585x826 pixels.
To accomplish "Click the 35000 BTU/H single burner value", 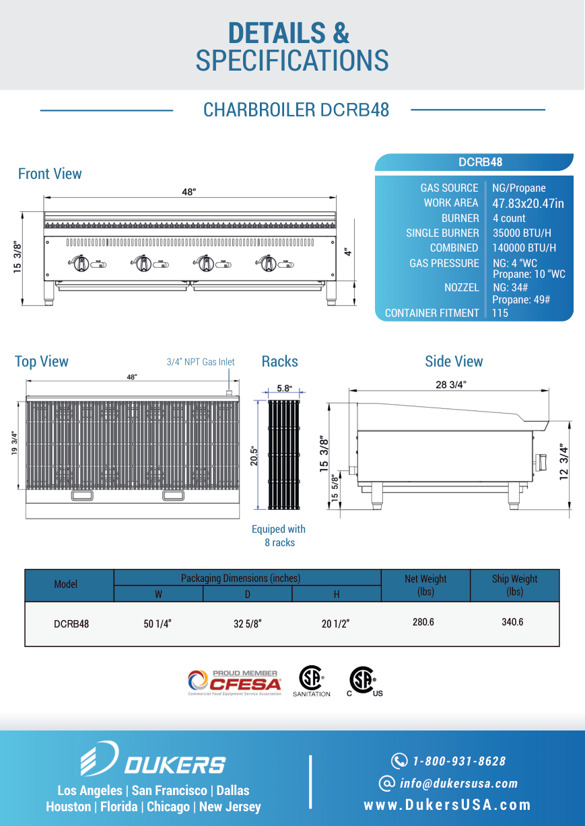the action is [x=522, y=233].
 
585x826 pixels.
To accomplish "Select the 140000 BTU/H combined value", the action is [x=524, y=248].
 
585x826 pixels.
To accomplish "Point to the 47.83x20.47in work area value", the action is [x=528, y=203].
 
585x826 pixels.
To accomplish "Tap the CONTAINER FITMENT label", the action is [x=432, y=313].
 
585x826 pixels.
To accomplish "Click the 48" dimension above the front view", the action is [x=189, y=192].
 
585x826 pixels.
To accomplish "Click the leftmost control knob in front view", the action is [x=81, y=263].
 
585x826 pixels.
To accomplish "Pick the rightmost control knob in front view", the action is [x=268, y=263].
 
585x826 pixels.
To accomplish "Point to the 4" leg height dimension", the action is [x=347, y=252].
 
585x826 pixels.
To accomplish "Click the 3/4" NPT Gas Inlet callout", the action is [x=201, y=362].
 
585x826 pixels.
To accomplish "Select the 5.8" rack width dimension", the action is [x=285, y=388].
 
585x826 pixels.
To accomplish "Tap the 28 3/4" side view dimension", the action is [x=450, y=385].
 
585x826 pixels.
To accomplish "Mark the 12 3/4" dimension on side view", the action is [x=563, y=461].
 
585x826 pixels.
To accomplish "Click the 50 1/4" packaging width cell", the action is [x=158, y=624].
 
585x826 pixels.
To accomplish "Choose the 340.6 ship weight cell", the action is [x=512, y=622].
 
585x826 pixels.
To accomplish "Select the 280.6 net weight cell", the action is [x=423, y=622].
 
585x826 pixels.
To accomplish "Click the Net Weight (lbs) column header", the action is [x=425, y=585].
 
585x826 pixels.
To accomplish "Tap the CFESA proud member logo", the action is [x=234, y=683].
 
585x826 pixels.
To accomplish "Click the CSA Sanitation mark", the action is [x=312, y=681].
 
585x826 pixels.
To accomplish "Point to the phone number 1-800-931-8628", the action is [x=459, y=761].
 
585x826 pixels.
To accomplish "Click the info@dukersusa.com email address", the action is [x=458, y=783].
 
